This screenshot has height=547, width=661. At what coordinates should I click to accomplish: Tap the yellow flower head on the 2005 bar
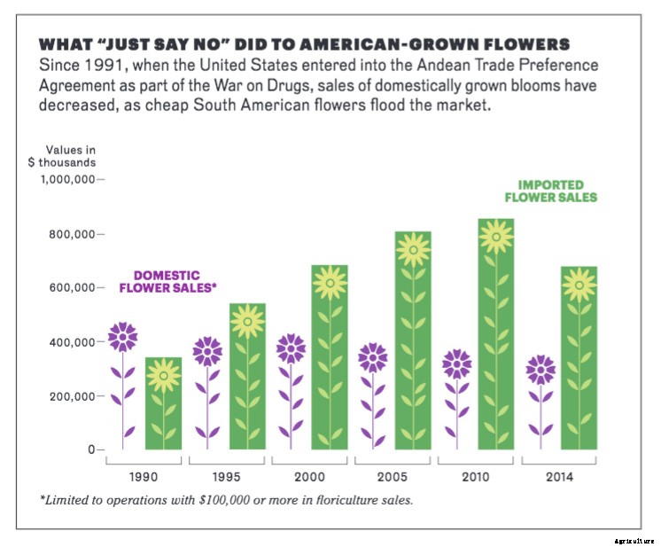click(x=413, y=251)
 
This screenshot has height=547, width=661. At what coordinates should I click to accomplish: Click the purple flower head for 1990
click(x=122, y=337)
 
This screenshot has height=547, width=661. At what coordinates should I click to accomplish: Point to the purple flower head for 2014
click(x=540, y=370)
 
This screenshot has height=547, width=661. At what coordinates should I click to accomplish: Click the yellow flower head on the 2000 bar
click(x=330, y=283)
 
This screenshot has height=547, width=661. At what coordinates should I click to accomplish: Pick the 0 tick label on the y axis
click(x=89, y=450)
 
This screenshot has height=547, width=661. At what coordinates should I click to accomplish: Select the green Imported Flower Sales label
click(x=550, y=191)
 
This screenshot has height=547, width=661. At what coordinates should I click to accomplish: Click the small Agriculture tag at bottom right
click(x=633, y=540)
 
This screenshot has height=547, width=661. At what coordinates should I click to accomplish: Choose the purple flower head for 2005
click(x=372, y=357)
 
